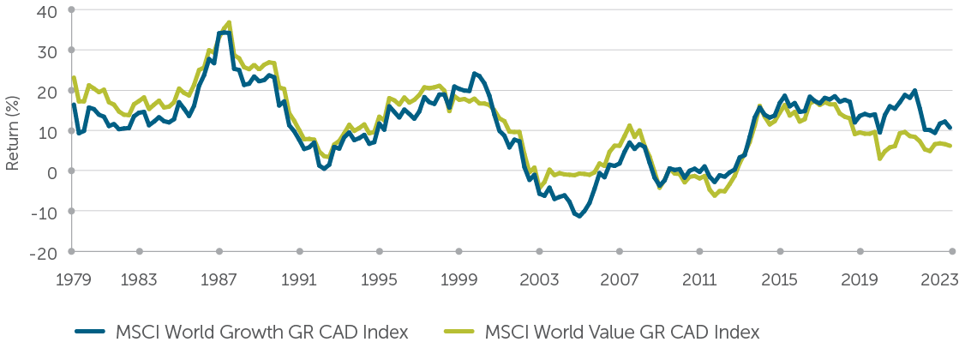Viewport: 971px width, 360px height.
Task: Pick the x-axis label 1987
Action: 219,279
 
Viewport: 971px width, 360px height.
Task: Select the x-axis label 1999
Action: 459,279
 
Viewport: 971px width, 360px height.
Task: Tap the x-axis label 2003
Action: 539,279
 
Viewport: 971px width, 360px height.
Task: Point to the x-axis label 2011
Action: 699,279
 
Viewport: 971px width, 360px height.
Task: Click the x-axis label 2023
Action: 940,279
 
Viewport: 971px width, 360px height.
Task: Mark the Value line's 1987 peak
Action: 229,23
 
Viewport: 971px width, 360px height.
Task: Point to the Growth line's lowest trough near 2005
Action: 579,216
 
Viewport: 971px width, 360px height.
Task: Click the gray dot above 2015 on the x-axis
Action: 780,251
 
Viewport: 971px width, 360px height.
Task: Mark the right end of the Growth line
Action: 950,128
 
